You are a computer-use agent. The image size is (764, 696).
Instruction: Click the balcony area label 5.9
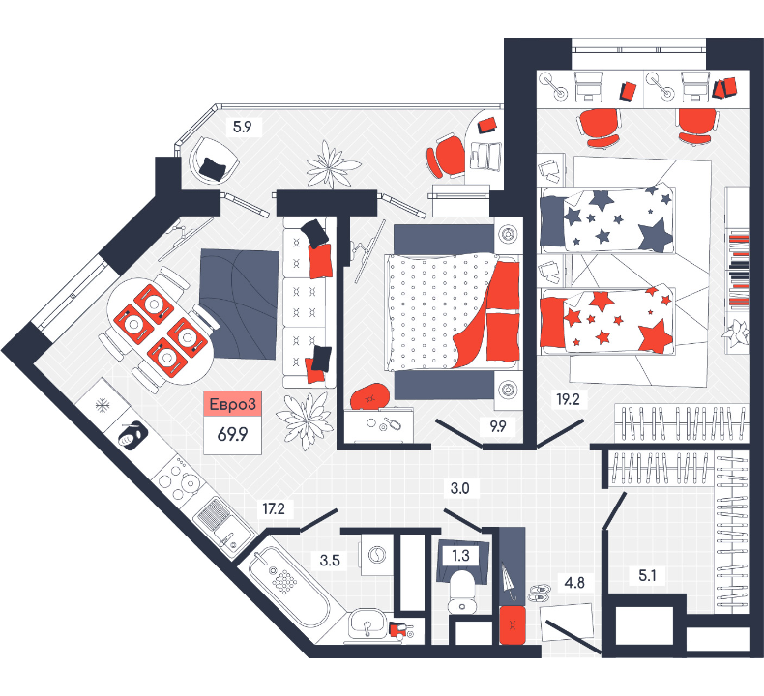[242, 128]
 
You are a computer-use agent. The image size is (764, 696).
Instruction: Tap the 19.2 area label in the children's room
[568, 399]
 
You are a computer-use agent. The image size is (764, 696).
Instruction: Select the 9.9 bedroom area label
[498, 426]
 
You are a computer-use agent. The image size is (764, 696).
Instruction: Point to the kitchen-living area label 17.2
[274, 509]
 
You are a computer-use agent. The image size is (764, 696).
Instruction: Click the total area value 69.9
[232, 434]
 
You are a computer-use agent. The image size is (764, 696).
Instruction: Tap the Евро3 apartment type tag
[232, 404]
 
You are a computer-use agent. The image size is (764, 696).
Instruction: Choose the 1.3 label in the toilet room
[460, 555]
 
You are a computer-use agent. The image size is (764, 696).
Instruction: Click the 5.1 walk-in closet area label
[647, 576]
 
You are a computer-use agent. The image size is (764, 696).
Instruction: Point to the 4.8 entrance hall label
[574, 583]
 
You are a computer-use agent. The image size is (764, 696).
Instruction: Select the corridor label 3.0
[459, 488]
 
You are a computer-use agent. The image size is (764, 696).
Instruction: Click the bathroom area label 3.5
[330, 560]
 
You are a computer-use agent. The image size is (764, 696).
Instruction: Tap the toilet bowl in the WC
[462, 593]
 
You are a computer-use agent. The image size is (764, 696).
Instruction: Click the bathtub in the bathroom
[289, 588]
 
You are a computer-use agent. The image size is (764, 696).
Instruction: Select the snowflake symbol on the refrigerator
[102, 404]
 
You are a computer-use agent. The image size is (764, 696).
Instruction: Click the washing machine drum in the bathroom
[377, 555]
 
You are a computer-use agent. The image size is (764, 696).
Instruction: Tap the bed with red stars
[607, 321]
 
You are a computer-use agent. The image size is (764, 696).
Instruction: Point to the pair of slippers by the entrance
[539, 593]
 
